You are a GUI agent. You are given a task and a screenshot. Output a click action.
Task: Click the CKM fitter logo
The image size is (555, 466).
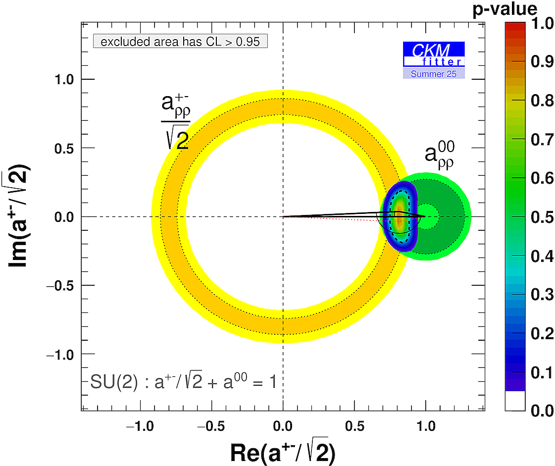click(x=434, y=54)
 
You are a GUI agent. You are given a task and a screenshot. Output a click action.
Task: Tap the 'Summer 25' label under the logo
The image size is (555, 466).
click(x=434, y=74)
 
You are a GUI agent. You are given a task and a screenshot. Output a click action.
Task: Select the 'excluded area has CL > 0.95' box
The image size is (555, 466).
click(x=180, y=42)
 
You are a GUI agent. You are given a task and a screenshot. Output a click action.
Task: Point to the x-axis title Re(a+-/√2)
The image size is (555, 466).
click(x=282, y=452)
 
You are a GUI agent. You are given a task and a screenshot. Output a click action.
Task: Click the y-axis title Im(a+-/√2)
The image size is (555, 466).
click(x=21, y=216)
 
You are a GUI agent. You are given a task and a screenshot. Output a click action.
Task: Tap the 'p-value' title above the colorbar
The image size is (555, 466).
click(x=526, y=8)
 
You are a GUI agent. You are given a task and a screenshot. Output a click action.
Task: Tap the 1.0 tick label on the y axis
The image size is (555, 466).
click(x=63, y=79)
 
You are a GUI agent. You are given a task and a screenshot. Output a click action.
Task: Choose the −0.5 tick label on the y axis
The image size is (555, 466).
click(x=59, y=286)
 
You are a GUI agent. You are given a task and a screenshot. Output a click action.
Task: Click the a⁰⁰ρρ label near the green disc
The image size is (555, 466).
click(x=440, y=155)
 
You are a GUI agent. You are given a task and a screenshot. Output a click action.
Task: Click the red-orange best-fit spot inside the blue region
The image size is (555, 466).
click(x=399, y=218)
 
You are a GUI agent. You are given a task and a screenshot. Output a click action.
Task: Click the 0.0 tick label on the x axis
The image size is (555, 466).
click(x=283, y=425)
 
